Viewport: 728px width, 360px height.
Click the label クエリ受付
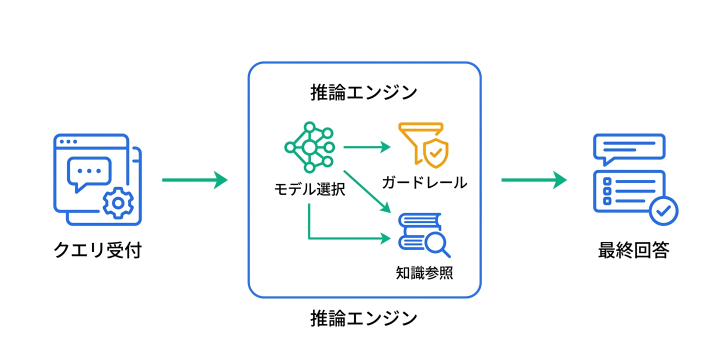coord(97,250)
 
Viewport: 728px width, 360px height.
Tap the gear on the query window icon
coord(118,202)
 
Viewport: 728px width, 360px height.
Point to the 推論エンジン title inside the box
coord(363,93)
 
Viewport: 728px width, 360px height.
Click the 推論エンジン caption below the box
coord(363,318)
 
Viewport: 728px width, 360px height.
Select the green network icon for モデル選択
coord(309,147)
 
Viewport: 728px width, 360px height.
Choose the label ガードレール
coord(424,182)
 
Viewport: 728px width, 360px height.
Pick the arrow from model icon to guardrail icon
coord(366,147)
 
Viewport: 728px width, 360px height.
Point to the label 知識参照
coord(424,272)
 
